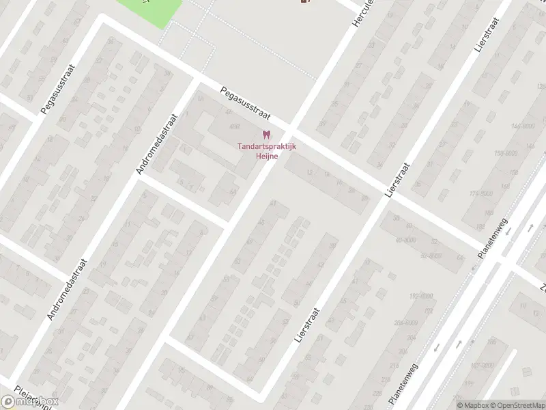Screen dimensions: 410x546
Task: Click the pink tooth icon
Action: (x=266, y=135)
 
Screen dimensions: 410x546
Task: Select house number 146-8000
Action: (x=522, y=126)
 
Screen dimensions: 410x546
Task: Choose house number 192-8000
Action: (x=420, y=296)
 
